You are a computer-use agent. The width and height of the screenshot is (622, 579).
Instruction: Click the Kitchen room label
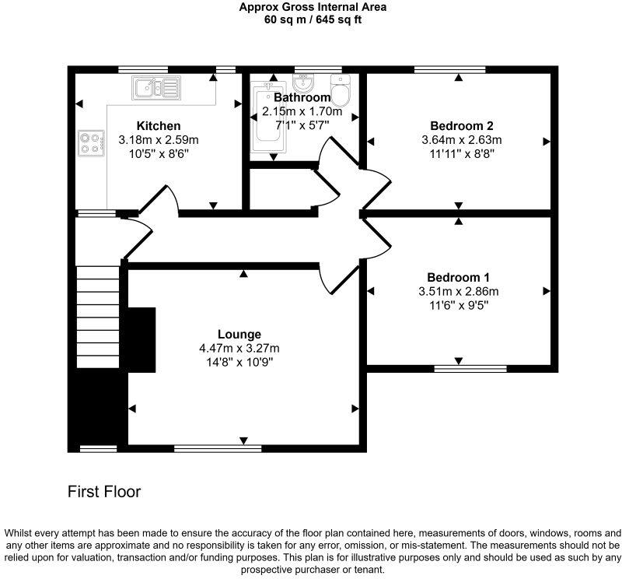pos(159,126)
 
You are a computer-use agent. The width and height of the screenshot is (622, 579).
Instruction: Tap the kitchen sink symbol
pos(155,88)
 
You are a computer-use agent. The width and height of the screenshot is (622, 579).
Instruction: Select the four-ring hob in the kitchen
pos(90,143)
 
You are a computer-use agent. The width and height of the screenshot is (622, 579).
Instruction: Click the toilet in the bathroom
pos(341,91)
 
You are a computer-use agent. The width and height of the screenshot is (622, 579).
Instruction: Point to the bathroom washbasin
pos(303,83)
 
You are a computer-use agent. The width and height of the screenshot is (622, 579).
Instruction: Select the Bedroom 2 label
pos(462,126)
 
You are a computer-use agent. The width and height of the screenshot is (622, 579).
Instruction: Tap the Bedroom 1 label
pos(458,278)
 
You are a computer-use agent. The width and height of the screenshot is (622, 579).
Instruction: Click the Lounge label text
pos(239,335)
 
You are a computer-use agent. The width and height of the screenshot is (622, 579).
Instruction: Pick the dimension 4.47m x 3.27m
pos(239,349)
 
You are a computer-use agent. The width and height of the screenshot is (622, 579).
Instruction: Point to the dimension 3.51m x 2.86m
pos(458,292)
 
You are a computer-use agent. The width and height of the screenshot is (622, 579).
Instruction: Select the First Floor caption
pos(104,492)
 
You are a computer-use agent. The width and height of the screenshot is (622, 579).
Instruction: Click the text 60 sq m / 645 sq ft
pos(313,20)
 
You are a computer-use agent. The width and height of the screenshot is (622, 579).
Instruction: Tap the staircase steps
pos(100,315)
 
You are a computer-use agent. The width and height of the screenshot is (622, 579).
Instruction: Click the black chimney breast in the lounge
pos(141,340)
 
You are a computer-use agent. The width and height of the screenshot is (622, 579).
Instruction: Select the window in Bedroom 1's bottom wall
pos(470,368)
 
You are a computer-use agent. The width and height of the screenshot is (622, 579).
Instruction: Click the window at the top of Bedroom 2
pos(449,70)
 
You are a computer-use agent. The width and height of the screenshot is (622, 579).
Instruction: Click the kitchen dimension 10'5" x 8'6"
pos(159,154)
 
